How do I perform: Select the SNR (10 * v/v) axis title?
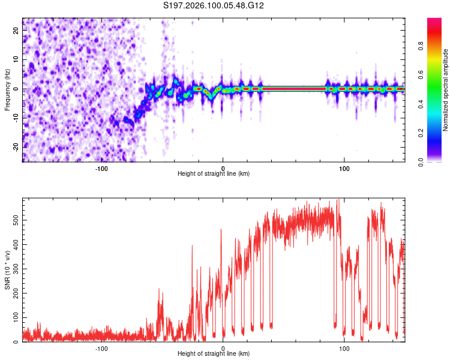(x=7, y=272)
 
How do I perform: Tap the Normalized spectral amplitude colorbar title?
(x=445, y=90)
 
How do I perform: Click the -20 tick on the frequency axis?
(x=15, y=147)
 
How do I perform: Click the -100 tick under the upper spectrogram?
(x=101, y=167)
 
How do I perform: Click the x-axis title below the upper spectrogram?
(x=214, y=174)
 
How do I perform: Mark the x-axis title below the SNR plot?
(x=214, y=354)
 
